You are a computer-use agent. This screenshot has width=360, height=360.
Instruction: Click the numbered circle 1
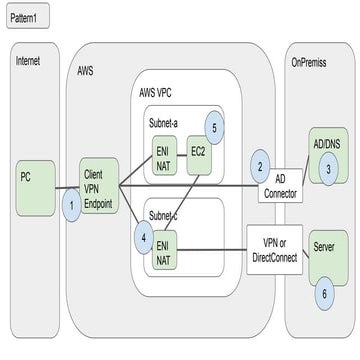pyautogui.click(x=71, y=205)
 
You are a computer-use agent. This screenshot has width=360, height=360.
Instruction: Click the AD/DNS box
pyautogui.click(x=325, y=146)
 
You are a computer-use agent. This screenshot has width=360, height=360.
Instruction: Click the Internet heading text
pyautogui.click(x=28, y=60)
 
